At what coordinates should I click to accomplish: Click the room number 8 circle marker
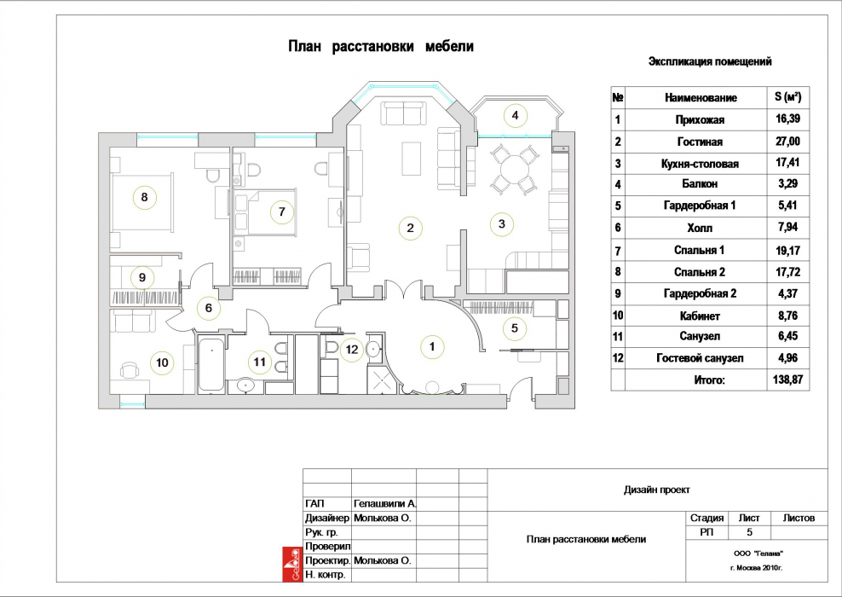tap(144, 197)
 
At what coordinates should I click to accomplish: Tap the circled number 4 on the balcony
tap(515, 115)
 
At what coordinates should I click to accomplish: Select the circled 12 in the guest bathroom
tap(352, 350)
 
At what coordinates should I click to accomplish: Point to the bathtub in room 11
tap(211, 365)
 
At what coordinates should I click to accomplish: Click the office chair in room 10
tap(130, 369)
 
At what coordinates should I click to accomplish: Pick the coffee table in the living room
tap(412, 158)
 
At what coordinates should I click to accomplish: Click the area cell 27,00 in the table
tap(787, 142)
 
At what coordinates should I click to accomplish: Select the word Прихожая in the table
tap(700, 120)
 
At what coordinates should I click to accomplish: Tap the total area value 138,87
tap(787, 380)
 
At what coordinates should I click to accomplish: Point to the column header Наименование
tap(701, 98)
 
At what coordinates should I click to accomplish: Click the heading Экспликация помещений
tap(710, 61)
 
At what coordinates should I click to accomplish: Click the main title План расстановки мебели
tap(381, 46)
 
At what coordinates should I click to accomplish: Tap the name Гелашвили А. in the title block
tap(385, 503)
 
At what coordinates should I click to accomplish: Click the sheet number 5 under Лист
tap(749, 532)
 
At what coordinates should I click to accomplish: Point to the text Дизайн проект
tap(657, 490)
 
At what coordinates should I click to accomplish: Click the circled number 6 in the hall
tap(208, 308)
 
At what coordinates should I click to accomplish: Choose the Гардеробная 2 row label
tap(700, 293)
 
